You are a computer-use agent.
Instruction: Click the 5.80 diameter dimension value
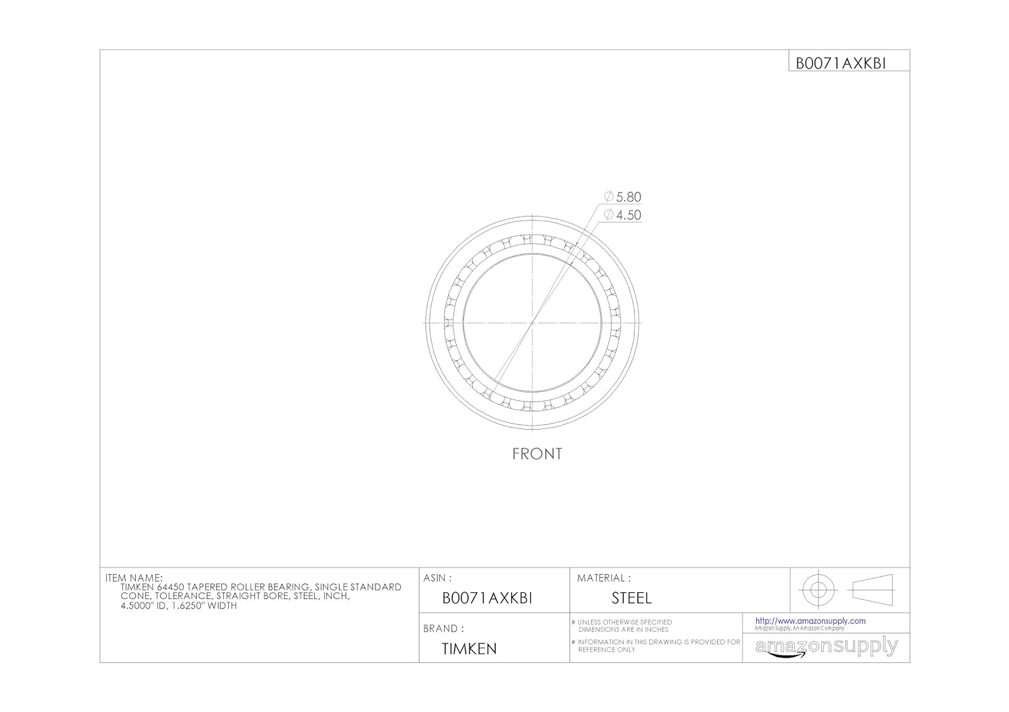coord(628,197)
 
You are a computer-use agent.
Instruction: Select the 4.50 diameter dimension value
coord(628,215)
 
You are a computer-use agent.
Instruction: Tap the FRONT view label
coord(537,454)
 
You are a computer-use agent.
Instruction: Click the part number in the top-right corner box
coord(841,63)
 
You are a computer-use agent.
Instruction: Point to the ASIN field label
coord(437,578)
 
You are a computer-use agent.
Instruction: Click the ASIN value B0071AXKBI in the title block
coord(487,598)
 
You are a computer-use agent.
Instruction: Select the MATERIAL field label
coord(603,578)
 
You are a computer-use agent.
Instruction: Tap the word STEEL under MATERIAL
coord(631,598)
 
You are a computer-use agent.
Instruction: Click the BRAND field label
coord(443,629)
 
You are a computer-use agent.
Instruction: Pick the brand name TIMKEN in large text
coord(469,649)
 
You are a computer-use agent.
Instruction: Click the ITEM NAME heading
coord(134,578)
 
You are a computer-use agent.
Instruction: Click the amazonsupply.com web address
coord(810,621)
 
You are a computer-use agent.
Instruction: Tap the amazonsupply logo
coord(826,647)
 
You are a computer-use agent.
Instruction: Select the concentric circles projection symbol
coord(817,590)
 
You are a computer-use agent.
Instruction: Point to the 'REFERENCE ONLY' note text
coord(606,650)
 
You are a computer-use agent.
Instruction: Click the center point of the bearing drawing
coord(532,323)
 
